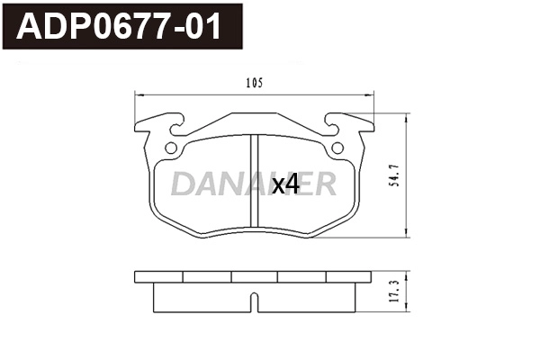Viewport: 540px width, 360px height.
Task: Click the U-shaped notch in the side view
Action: tap(254, 299)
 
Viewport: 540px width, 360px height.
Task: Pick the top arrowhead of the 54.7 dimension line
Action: tap(407, 116)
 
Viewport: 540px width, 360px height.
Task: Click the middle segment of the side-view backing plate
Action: tap(254, 276)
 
